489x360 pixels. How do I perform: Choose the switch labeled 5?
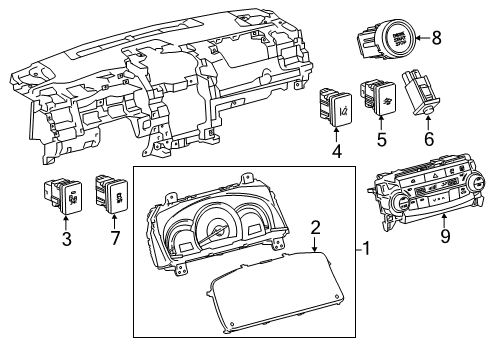[378, 97]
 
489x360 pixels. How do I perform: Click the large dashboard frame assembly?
[150, 95]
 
